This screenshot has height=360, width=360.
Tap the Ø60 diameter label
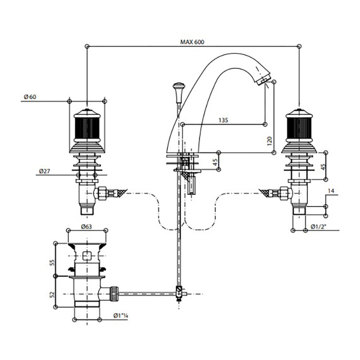click(30, 96)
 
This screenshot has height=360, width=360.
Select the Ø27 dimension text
click(43, 170)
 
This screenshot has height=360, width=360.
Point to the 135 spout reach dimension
click(223, 120)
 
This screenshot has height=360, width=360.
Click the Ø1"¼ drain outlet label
click(120, 315)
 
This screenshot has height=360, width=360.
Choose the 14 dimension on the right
click(331, 191)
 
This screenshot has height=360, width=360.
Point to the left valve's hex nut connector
click(102, 194)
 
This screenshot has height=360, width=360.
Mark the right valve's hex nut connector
click(283, 194)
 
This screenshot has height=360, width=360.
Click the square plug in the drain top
click(86, 255)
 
